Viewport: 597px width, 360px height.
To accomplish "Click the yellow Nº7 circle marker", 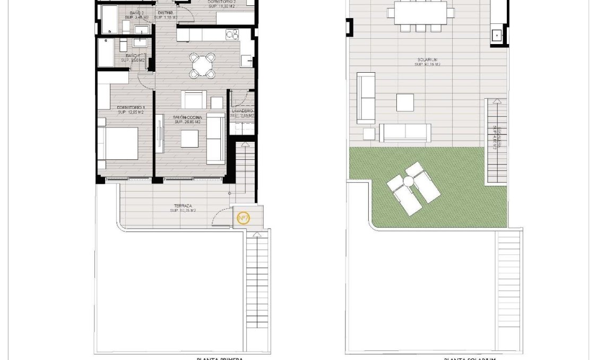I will click(x=243, y=218).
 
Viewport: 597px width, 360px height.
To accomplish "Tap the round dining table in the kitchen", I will click(x=203, y=65).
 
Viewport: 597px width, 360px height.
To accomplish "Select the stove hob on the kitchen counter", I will click(x=232, y=35).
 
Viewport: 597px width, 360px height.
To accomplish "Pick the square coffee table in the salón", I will click(x=189, y=139).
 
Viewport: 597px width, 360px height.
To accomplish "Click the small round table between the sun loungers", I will click(x=408, y=182).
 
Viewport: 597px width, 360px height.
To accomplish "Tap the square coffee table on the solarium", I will click(x=405, y=102).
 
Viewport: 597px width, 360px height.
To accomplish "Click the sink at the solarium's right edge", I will click(x=497, y=36).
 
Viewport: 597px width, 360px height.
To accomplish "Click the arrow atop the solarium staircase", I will click(x=496, y=101).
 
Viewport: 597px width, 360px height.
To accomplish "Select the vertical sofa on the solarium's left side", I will click(x=366, y=98).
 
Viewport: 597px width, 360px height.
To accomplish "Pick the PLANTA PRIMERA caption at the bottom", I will click(x=220, y=358).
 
